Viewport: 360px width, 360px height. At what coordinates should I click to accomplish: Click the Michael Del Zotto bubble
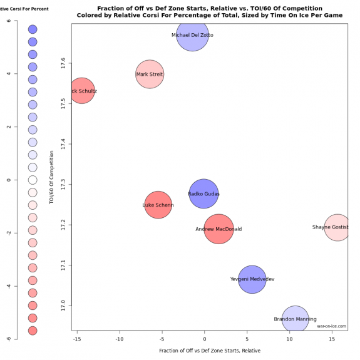click(x=192, y=35)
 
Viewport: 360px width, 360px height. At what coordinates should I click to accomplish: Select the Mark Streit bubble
click(x=150, y=75)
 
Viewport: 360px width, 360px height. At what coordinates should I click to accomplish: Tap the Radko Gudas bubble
click(x=203, y=194)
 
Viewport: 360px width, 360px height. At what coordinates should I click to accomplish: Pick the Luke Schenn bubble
click(x=158, y=205)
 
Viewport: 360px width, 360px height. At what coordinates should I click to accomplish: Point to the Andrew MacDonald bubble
click(x=219, y=229)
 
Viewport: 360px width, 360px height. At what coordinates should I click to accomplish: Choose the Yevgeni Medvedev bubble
click(x=252, y=279)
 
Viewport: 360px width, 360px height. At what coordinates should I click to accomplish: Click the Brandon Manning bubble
click(x=295, y=319)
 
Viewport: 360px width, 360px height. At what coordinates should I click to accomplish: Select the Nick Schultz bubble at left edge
click(x=82, y=91)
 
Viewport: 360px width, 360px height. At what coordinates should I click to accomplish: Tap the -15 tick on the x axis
click(x=77, y=339)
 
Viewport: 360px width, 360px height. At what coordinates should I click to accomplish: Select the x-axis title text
click(x=210, y=351)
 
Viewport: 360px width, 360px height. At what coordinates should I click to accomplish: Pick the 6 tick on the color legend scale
click(x=8, y=21)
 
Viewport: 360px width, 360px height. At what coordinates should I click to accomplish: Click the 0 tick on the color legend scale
click(x=8, y=180)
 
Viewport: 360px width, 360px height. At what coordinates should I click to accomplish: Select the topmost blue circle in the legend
click(x=33, y=29)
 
